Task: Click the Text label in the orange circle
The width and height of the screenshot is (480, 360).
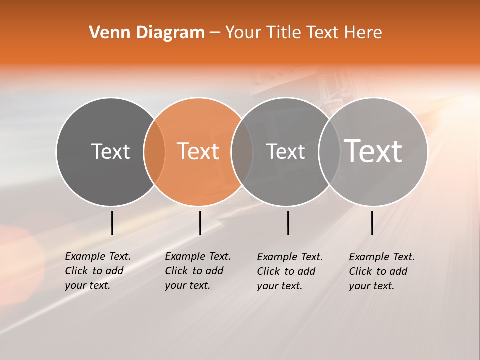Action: (x=198, y=151)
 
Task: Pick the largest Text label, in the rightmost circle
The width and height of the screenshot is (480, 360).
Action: (x=373, y=151)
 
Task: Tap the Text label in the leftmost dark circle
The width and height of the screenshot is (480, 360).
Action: (x=110, y=151)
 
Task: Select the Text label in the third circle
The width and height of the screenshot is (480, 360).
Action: (x=285, y=151)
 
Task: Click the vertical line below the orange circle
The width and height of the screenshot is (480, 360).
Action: (x=200, y=223)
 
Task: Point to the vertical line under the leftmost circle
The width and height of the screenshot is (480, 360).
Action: (x=112, y=223)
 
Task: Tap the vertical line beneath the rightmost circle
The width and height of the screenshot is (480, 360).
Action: (x=372, y=223)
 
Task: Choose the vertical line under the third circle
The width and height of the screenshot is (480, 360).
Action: (x=288, y=223)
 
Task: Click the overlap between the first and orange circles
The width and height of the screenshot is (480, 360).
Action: (x=154, y=151)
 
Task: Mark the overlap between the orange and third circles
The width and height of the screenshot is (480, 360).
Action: (x=242, y=151)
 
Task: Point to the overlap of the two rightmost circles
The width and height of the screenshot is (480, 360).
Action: (x=329, y=151)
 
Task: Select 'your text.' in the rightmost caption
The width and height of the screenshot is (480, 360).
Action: (x=371, y=286)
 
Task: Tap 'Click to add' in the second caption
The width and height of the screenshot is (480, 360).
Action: (x=194, y=271)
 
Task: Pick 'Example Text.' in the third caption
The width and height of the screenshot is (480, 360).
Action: (x=290, y=257)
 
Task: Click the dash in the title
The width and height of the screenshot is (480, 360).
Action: (x=215, y=33)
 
